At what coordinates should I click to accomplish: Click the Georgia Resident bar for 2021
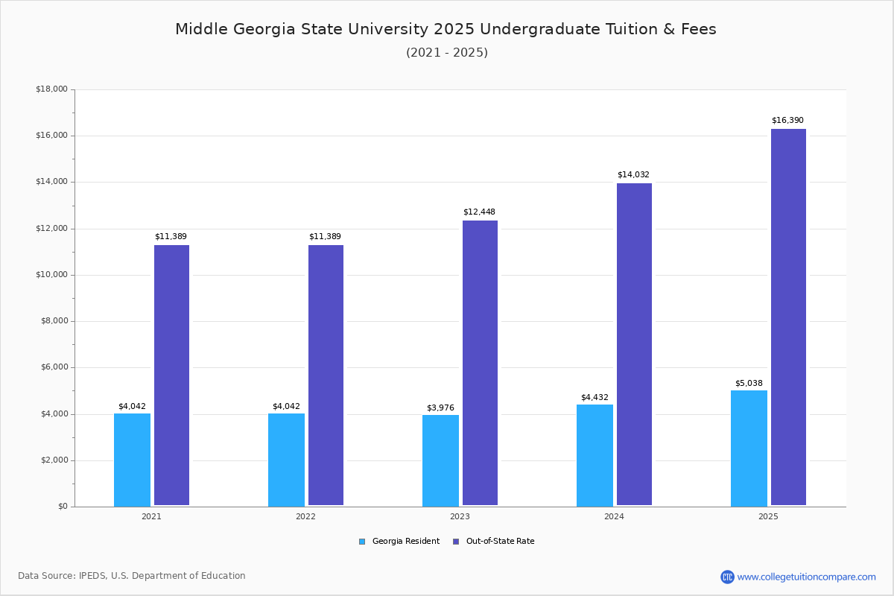click(132, 460)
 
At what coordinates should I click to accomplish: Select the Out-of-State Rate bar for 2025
click(788, 317)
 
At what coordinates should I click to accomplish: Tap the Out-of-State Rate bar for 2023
click(480, 363)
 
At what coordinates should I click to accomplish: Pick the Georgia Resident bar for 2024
click(595, 455)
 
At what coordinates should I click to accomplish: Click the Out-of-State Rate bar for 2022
click(326, 375)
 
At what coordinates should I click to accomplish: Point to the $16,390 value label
click(787, 121)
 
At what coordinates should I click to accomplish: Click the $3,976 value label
click(440, 408)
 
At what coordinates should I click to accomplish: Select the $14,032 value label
click(633, 175)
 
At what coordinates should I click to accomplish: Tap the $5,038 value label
click(749, 383)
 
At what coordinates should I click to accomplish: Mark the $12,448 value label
click(479, 212)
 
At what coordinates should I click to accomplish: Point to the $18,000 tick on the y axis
click(51, 89)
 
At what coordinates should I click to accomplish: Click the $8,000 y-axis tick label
click(54, 321)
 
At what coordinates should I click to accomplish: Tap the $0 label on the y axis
click(62, 507)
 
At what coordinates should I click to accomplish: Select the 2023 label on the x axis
click(460, 516)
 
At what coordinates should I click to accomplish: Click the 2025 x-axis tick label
click(768, 516)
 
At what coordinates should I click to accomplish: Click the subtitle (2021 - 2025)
click(446, 53)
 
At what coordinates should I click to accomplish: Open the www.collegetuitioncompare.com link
click(806, 577)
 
